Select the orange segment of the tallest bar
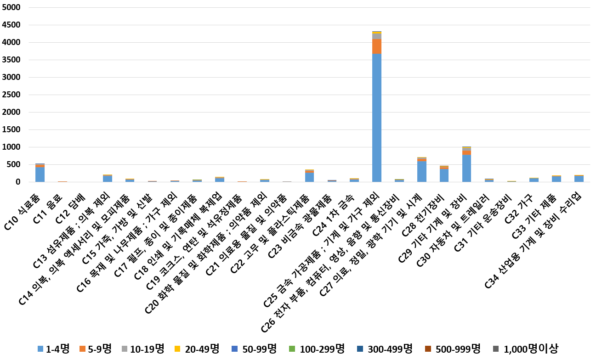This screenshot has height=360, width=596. coord(377,46)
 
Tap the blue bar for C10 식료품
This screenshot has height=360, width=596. coord(40,174)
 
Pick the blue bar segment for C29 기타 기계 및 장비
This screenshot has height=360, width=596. coord(466,169)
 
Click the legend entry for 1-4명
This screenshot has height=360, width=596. coord(53,349)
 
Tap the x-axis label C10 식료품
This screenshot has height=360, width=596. coord(28,199)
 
